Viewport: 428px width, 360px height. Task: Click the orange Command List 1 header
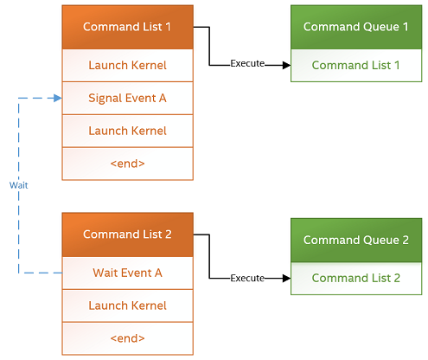pos(127,27)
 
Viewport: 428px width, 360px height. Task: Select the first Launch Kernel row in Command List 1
pos(127,65)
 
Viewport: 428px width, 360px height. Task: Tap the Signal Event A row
pos(127,98)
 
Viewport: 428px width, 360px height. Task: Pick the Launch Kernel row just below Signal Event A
pos(127,131)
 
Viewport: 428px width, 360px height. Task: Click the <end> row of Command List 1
pos(127,164)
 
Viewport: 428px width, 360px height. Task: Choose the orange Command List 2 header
pos(127,235)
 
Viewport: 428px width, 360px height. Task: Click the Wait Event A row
pos(127,273)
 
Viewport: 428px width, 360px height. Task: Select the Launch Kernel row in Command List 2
pos(127,305)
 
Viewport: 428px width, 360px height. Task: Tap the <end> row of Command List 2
pos(127,338)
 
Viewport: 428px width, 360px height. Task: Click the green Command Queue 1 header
pos(355,27)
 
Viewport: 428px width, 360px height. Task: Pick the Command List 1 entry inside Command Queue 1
pos(355,65)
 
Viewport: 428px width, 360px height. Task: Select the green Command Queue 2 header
pos(355,240)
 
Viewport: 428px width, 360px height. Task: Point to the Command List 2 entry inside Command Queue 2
pos(355,278)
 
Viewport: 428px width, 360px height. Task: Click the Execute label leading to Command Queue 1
pos(246,64)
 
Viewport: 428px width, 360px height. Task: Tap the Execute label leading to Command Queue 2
pos(246,278)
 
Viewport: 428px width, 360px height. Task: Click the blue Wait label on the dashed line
pos(17,185)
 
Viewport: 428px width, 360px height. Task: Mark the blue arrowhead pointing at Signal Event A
pos(58,98)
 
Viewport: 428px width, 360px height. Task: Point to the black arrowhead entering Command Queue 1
pos(285,64)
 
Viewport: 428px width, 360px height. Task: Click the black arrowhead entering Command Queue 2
pos(285,278)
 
